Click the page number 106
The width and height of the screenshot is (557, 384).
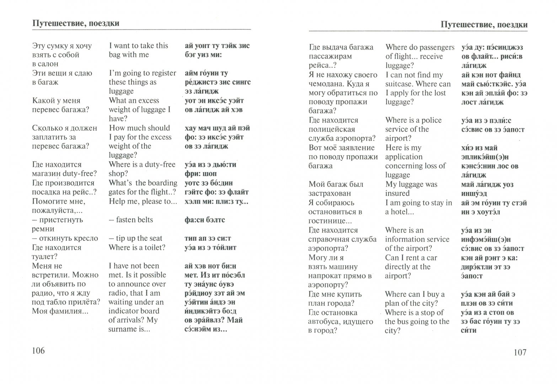(39, 351)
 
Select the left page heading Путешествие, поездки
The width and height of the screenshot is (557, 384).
(76, 23)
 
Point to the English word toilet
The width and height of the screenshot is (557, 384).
(154, 247)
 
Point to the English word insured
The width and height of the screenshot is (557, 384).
(397, 193)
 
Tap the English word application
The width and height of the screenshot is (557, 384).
(404, 157)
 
